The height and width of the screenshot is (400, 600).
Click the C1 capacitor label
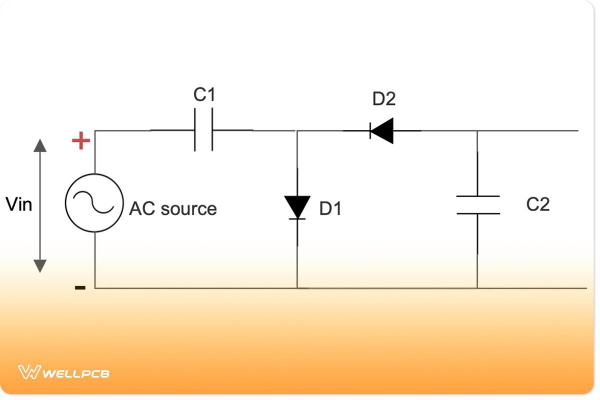(x=204, y=94)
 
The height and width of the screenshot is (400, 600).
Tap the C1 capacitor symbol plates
(x=203, y=130)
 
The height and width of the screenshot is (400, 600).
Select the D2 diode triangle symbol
(x=382, y=131)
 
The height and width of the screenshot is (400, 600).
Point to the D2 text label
(x=383, y=99)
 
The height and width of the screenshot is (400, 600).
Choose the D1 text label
(x=330, y=209)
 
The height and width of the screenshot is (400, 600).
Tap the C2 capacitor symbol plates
(x=477, y=205)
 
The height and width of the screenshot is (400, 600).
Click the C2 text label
(x=538, y=204)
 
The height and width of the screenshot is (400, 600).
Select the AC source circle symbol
(x=94, y=202)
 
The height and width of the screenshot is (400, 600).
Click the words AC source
(x=173, y=209)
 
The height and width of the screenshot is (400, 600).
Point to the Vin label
(x=18, y=204)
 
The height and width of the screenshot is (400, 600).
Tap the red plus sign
(x=81, y=141)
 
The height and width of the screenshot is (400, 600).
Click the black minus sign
(x=80, y=287)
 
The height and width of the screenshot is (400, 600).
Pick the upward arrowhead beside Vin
(x=40, y=145)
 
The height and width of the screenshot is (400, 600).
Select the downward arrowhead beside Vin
(x=40, y=266)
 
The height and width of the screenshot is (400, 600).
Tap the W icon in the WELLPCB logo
(x=28, y=372)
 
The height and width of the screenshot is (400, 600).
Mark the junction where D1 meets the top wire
(x=297, y=131)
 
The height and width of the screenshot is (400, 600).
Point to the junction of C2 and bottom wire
(x=477, y=288)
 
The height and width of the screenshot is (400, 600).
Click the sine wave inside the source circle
(x=94, y=202)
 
